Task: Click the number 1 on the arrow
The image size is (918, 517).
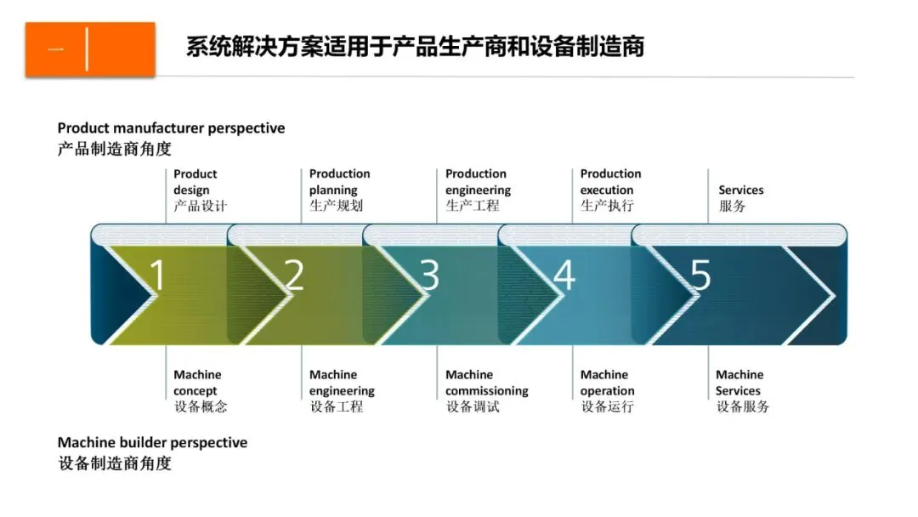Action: (x=158, y=275)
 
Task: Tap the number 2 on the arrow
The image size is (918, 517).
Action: (x=293, y=275)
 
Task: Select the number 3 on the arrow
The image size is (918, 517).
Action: (x=429, y=275)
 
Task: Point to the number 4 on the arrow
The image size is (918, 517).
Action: (x=564, y=275)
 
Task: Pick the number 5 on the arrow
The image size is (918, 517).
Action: (x=700, y=275)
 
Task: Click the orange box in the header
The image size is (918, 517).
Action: (x=90, y=49)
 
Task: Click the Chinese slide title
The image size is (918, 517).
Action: (x=415, y=46)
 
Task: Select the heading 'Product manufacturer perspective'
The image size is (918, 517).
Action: (x=171, y=128)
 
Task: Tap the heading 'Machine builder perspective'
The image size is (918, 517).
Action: (x=152, y=443)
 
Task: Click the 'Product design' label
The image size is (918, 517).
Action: (x=195, y=182)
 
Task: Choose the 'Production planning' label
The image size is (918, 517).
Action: (x=339, y=182)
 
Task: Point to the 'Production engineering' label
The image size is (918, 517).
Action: (x=478, y=182)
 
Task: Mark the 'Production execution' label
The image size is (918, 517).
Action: (x=610, y=182)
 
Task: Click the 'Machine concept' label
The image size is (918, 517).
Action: (x=197, y=383)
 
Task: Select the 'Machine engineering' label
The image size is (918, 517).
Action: (x=342, y=383)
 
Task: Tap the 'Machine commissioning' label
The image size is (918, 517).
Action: (x=486, y=383)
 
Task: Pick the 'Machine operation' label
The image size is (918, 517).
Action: (x=607, y=383)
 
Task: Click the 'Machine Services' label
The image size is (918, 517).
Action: (x=739, y=383)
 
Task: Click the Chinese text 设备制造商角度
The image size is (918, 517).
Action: (x=114, y=463)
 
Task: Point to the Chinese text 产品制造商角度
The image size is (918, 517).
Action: (x=114, y=149)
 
